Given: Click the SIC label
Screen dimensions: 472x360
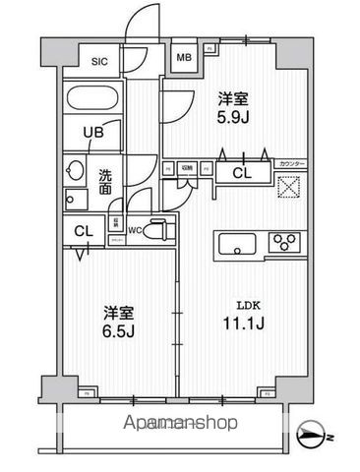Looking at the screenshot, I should click(99, 61).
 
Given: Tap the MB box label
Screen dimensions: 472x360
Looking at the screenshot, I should click(183, 57).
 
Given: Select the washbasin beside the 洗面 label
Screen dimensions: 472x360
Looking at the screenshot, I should click(74, 170).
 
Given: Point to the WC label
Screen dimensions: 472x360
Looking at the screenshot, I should click(136, 232).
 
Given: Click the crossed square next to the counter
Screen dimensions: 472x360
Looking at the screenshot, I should click(288, 188).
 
